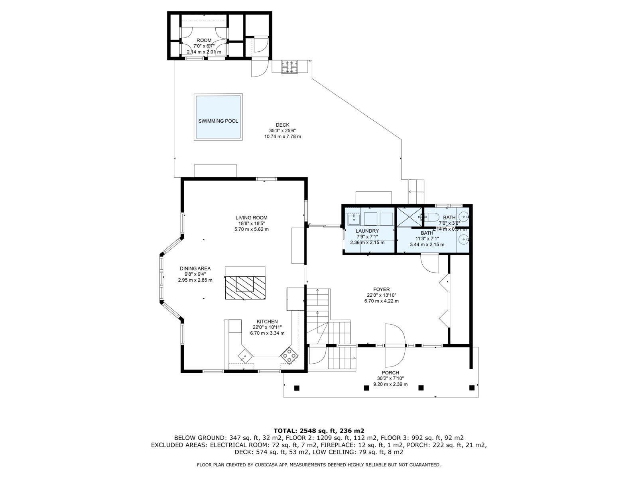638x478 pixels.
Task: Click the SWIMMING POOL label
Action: coord(218,121)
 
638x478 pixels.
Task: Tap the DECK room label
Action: coord(283,125)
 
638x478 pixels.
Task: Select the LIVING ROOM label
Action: coord(252,217)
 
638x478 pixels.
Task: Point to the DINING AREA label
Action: coord(195,268)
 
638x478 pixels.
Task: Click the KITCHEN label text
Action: coord(267,321)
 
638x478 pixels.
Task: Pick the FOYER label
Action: coord(381,289)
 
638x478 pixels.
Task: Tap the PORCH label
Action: coord(390,373)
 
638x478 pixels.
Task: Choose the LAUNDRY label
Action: coord(367,231)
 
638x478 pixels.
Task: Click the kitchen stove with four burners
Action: coord(289,355)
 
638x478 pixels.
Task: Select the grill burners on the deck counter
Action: coord(289,67)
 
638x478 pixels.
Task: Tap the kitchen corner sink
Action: coord(245,357)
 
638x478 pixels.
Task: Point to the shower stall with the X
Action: coord(409,217)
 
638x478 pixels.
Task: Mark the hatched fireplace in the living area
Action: coord(245,288)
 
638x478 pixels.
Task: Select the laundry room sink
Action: coord(354,219)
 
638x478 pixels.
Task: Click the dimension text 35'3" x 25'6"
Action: coord(283,131)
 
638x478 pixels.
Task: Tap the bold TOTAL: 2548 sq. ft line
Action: coord(319,431)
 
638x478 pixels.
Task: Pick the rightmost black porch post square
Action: coord(472,388)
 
